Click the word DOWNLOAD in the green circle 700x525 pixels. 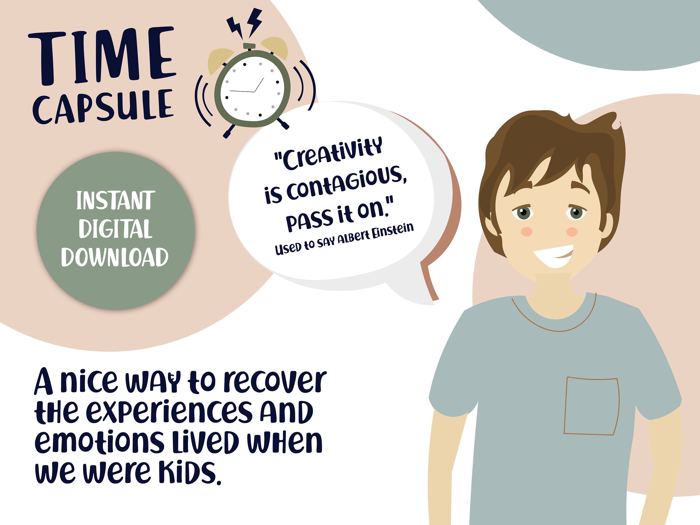point(115,257)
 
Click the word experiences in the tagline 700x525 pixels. point(169,412)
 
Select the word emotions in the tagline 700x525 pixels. point(99,442)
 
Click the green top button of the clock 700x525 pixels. point(249,46)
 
